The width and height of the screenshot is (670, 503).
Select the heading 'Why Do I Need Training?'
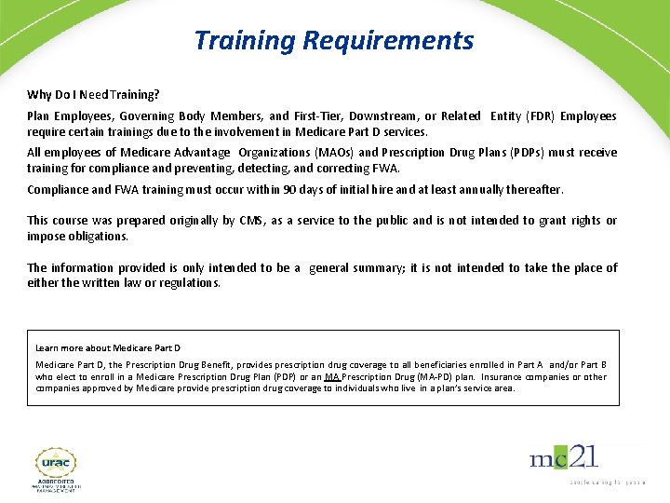pos(93,95)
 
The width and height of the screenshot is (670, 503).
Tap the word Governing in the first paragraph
pos(147,116)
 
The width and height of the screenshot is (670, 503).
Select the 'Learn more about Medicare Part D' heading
pos(108,348)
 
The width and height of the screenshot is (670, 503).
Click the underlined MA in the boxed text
pos(330,377)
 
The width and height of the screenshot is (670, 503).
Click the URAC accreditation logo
pos(56,469)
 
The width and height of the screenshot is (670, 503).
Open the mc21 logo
pos(564,458)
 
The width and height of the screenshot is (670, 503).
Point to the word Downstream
pos(382,116)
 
